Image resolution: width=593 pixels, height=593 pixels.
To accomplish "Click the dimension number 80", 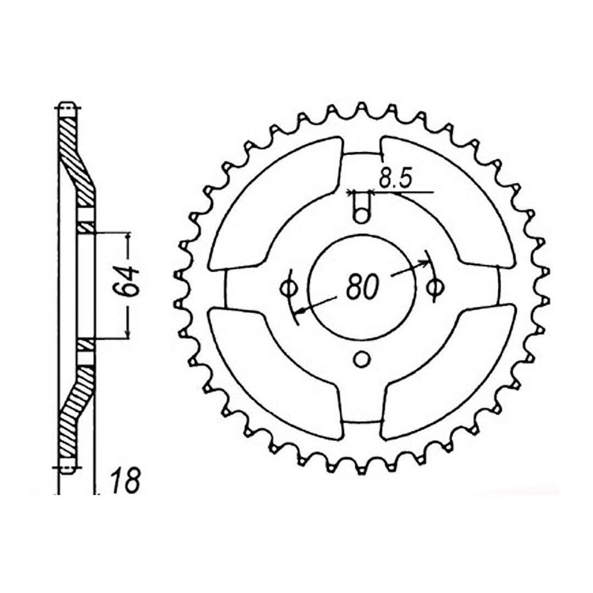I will (x=362, y=286).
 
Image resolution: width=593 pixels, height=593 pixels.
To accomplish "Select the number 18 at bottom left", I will (x=127, y=480).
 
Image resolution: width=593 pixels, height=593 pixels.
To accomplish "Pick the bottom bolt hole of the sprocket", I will (x=361, y=359).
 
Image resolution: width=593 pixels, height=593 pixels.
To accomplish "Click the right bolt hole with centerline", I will (x=434, y=286).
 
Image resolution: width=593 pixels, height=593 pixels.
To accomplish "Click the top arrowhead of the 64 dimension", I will (x=128, y=236).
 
